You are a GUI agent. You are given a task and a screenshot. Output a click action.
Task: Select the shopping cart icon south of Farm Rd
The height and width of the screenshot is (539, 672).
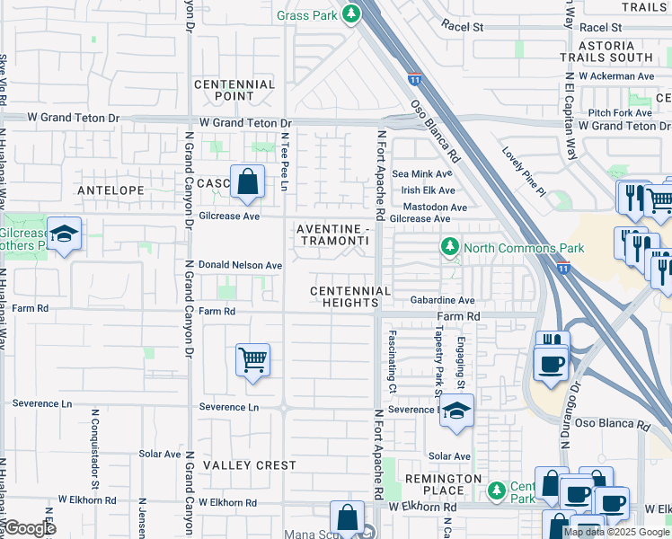[x=252, y=360]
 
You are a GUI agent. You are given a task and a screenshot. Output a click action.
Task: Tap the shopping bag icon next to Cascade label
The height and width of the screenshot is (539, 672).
[x=247, y=182]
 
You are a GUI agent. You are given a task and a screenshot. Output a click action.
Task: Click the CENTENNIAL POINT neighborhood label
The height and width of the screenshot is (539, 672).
[x=234, y=90]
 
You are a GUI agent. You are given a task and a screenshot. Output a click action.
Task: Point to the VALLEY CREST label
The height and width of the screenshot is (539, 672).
[x=250, y=465]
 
